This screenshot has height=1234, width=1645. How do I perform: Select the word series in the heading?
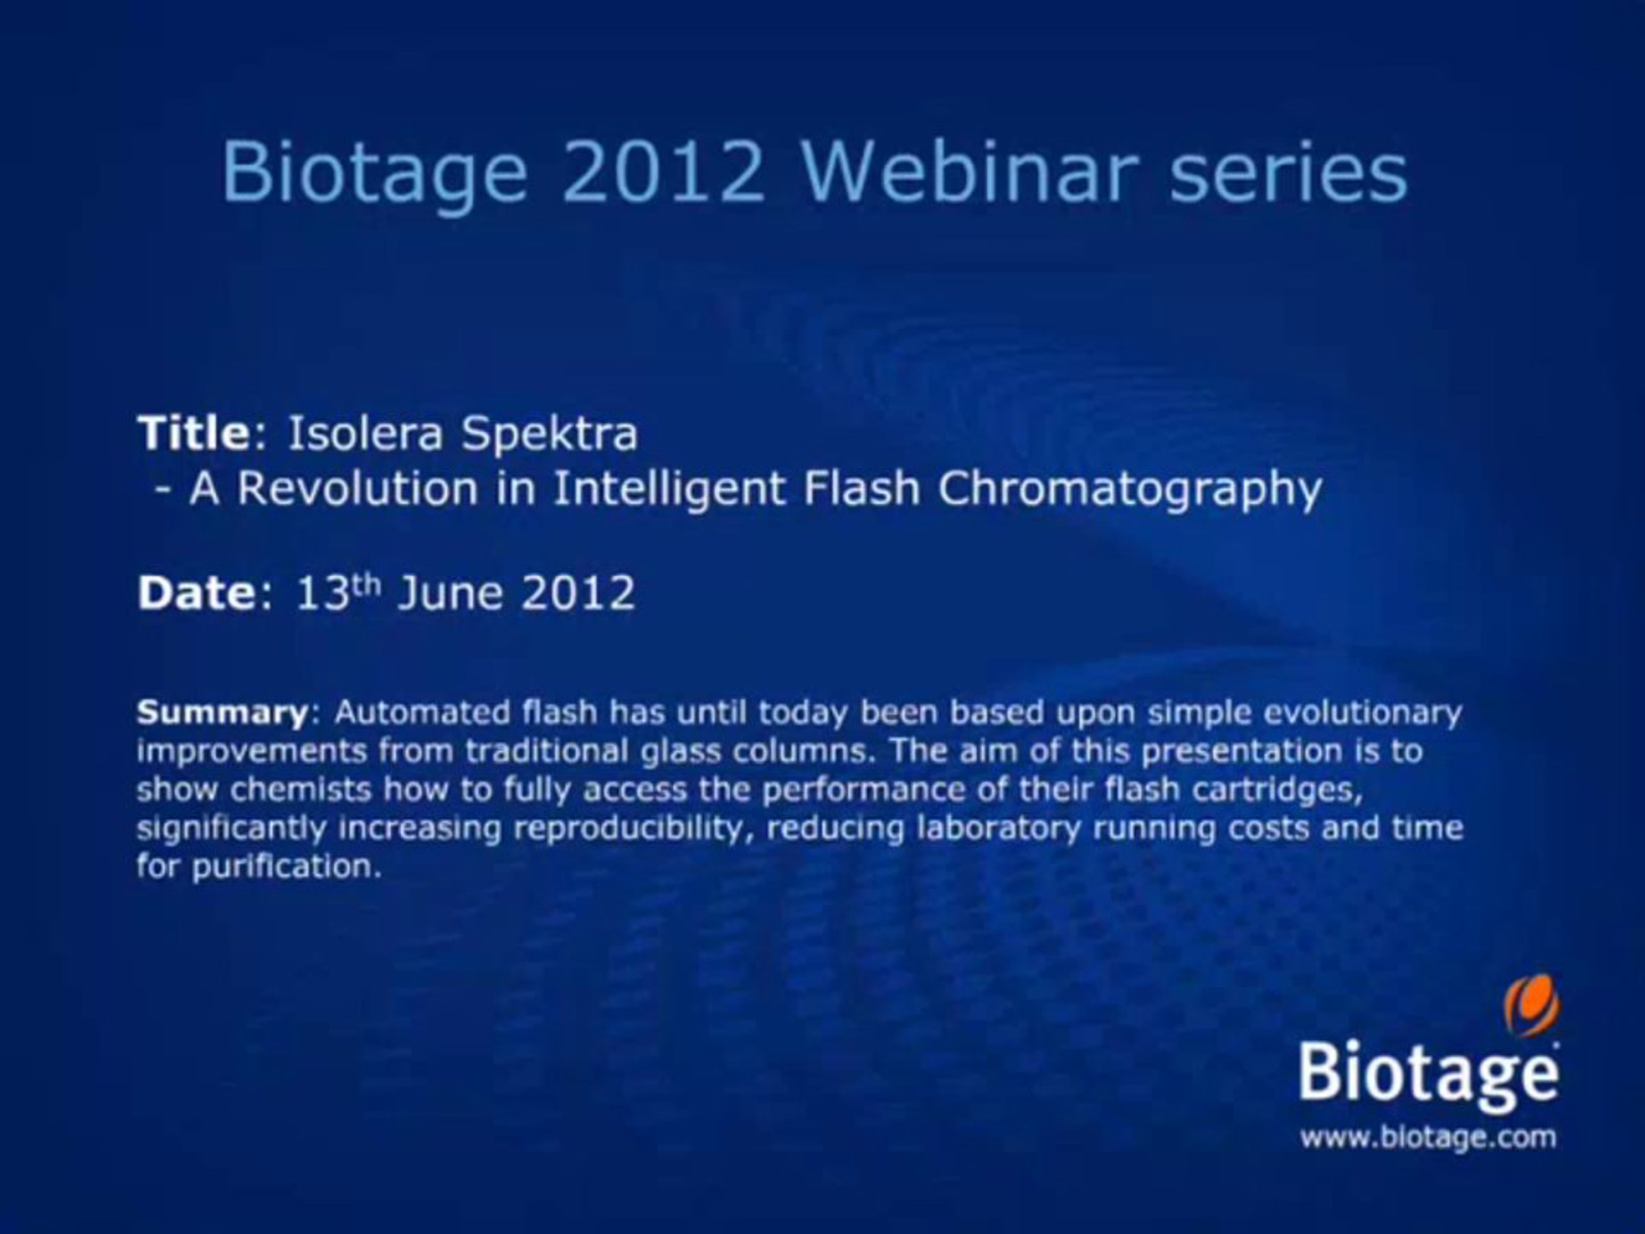point(1289,173)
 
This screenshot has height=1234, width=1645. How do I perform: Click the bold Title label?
point(194,432)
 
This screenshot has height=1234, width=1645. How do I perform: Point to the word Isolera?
point(365,433)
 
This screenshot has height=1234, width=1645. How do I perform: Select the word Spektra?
point(550,435)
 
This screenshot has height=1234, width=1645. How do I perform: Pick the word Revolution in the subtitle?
point(357,488)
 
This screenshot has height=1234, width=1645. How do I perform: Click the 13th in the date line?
point(339,592)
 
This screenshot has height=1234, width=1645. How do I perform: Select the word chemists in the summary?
point(300,789)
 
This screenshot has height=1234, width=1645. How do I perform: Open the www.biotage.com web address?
point(1428,1137)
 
